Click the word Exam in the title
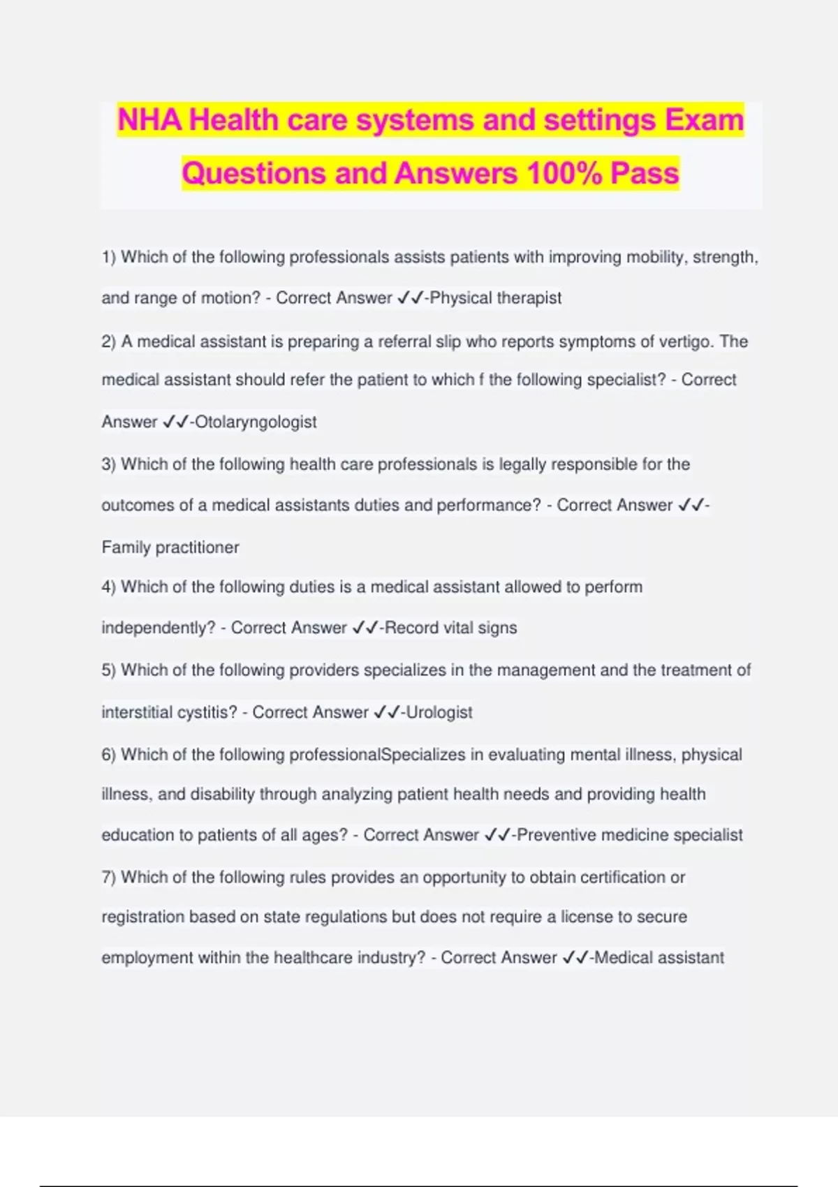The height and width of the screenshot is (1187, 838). pos(704,120)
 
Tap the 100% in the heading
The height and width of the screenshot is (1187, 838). pos(564,173)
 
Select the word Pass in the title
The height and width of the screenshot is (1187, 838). pos(644,173)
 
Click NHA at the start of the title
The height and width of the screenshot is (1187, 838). pos(149,120)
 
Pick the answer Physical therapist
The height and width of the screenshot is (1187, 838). pos(496,298)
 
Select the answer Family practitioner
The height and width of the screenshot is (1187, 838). pos(170,547)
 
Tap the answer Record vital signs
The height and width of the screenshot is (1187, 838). pos(451,628)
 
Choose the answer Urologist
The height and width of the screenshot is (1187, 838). pos(439,712)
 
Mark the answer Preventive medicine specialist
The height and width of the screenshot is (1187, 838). pos(630,835)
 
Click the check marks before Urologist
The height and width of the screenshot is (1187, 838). pos(387,712)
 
